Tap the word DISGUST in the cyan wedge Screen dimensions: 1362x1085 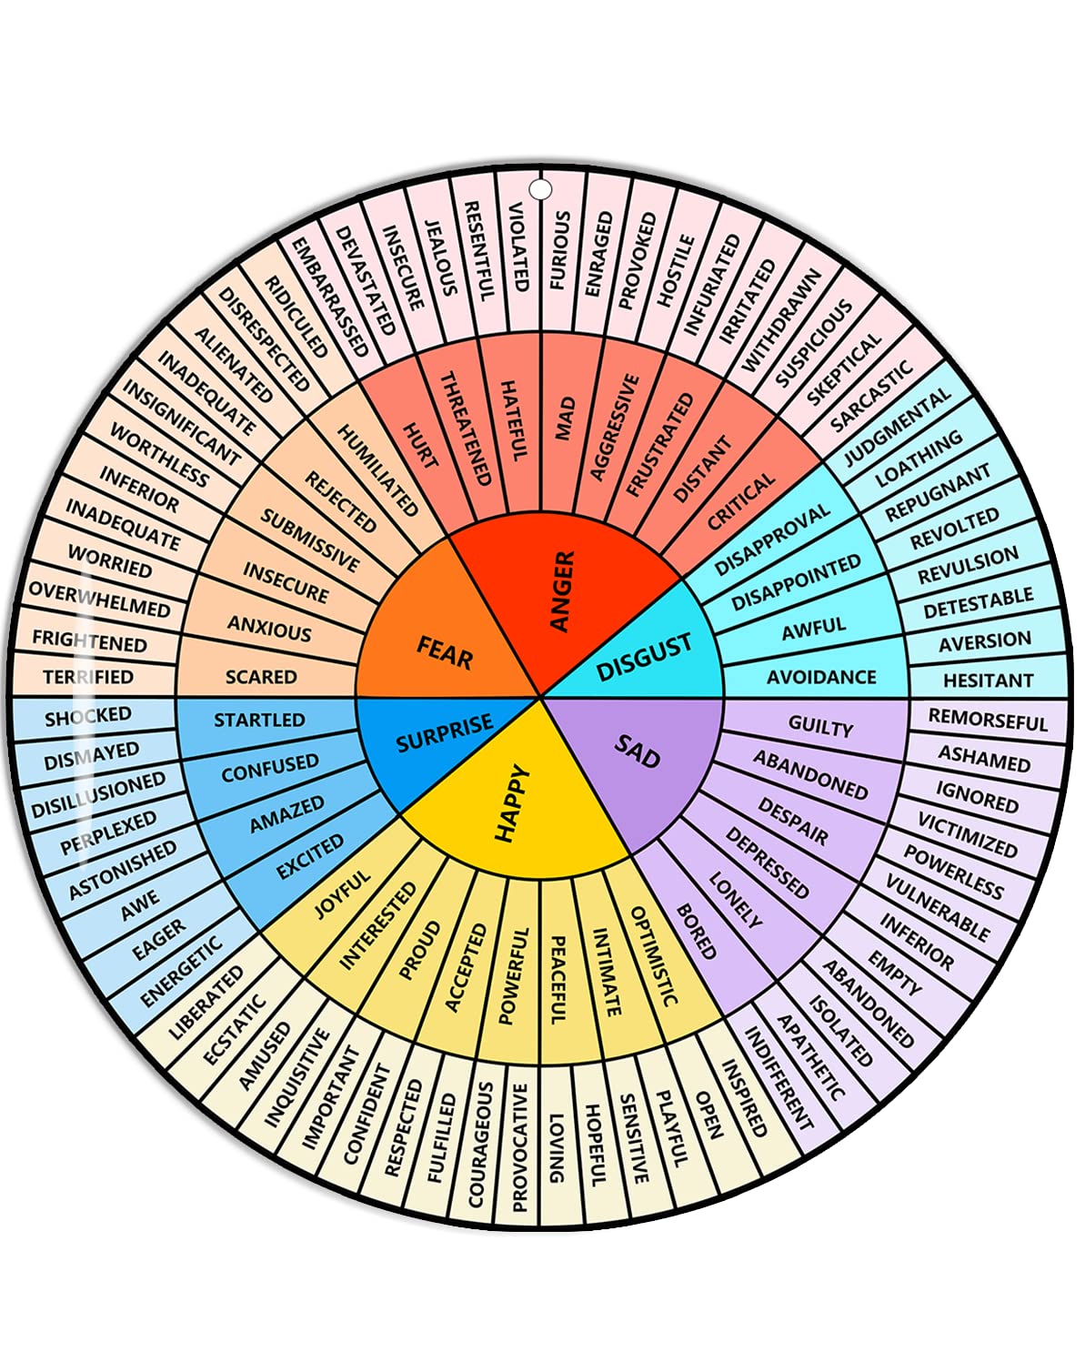click(x=644, y=658)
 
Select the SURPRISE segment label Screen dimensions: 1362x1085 click(x=444, y=733)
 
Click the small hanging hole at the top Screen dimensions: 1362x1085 click(x=541, y=189)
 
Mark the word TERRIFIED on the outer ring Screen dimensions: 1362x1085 click(x=88, y=677)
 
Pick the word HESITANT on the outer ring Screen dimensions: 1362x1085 click(x=988, y=680)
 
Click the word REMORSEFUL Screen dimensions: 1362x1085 click(x=988, y=720)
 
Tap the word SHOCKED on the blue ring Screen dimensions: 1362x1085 click(x=88, y=718)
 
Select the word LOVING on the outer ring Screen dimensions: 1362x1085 click(x=557, y=1148)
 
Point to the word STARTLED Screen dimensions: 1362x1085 click(x=259, y=720)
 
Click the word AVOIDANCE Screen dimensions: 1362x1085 click(x=821, y=677)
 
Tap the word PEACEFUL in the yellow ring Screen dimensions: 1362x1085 click(x=558, y=981)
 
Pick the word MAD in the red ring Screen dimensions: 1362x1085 click(x=566, y=419)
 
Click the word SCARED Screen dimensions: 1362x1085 click(x=261, y=677)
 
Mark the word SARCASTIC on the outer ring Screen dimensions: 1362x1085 click(x=871, y=397)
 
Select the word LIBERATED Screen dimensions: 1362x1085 click(x=207, y=1003)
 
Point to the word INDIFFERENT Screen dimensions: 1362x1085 click(x=779, y=1078)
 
